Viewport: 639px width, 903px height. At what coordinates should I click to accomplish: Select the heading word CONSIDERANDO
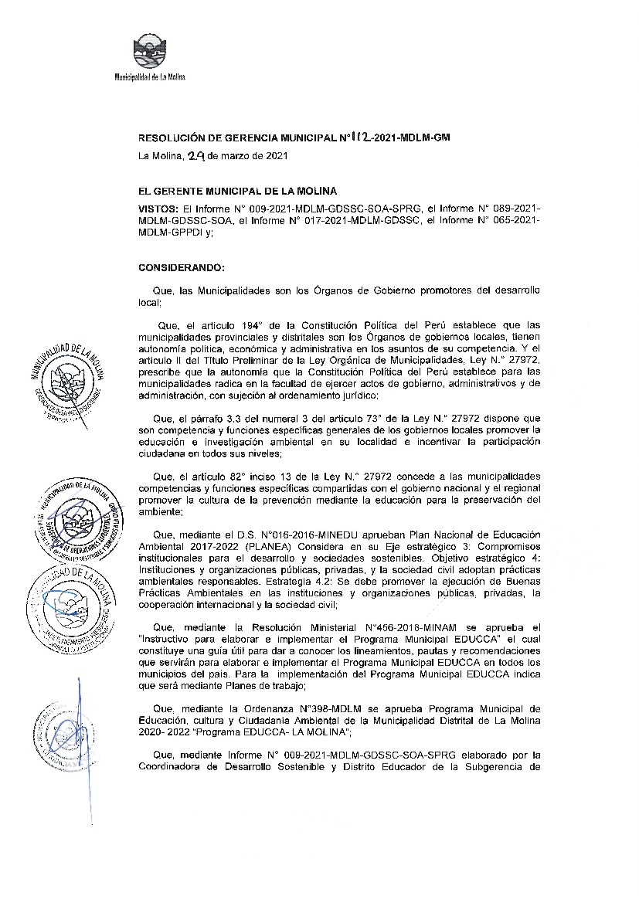[181, 267]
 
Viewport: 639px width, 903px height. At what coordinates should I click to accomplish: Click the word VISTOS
[158, 209]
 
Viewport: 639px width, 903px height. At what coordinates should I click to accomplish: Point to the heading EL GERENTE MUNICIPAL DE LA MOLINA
[237, 191]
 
